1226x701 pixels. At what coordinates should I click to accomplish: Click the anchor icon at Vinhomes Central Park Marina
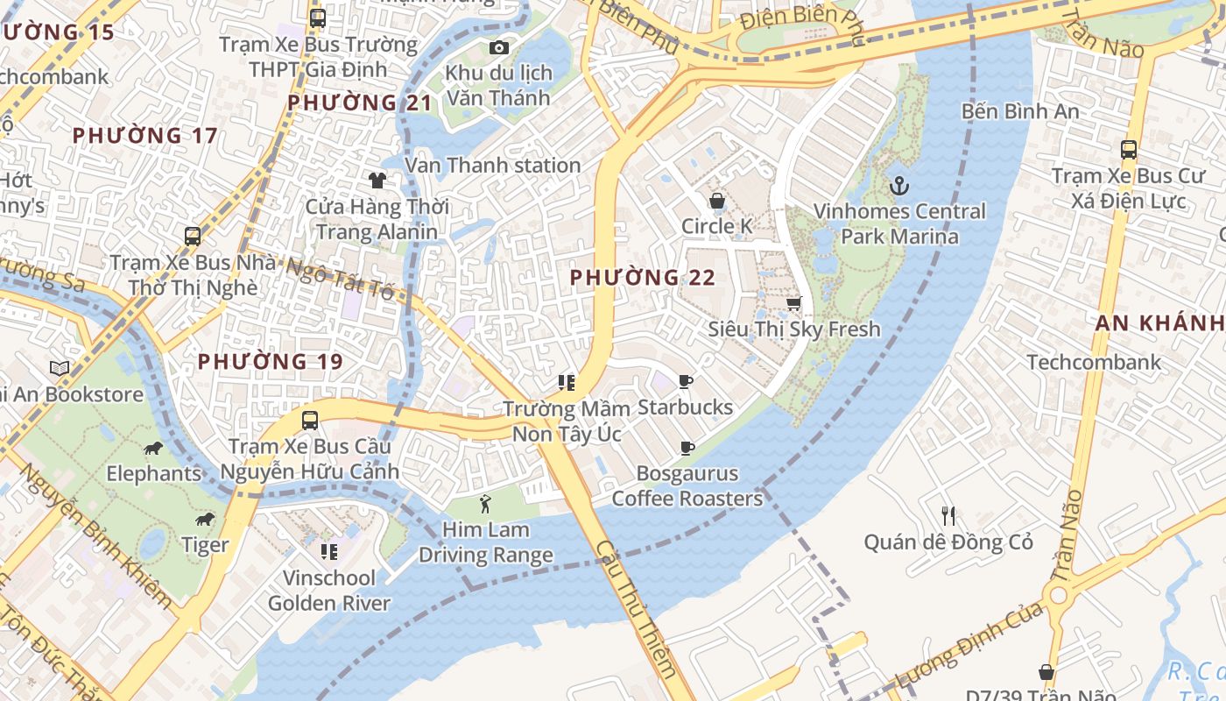pyautogui.click(x=898, y=186)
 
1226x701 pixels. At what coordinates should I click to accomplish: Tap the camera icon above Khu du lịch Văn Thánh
pyautogui.click(x=498, y=47)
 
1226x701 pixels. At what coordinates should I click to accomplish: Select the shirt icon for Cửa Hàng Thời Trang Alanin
pyautogui.click(x=377, y=181)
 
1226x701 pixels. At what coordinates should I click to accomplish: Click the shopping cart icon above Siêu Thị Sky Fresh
pyautogui.click(x=793, y=303)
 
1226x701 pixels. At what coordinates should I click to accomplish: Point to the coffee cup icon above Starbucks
pyautogui.click(x=686, y=381)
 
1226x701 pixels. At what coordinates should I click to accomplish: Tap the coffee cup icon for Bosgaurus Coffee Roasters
pyautogui.click(x=687, y=449)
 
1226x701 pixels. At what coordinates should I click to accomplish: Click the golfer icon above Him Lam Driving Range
pyautogui.click(x=485, y=504)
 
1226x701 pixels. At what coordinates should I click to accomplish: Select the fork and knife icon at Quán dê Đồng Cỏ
pyautogui.click(x=948, y=515)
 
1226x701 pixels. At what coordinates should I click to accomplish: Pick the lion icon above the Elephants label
pyautogui.click(x=153, y=449)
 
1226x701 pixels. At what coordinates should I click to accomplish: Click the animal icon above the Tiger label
pyautogui.click(x=205, y=520)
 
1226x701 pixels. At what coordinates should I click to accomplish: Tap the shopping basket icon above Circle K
pyautogui.click(x=716, y=201)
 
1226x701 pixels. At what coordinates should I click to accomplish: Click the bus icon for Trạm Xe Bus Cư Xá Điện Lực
pyautogui.click(x=1128, y=150)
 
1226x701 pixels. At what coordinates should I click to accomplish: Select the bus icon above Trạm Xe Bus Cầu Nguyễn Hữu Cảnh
pyautogui.click(x=309, y=420)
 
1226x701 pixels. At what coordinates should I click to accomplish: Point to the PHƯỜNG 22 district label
pyautogui.click(x=643, y=278)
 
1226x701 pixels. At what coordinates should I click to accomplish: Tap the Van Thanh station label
pyautogui.click(x=492, y=165)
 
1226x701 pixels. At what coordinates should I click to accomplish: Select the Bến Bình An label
pyautogui.click(x=1020, y=111)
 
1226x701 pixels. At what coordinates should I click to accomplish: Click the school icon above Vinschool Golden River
pyautogui.click(x=329, y=551)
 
